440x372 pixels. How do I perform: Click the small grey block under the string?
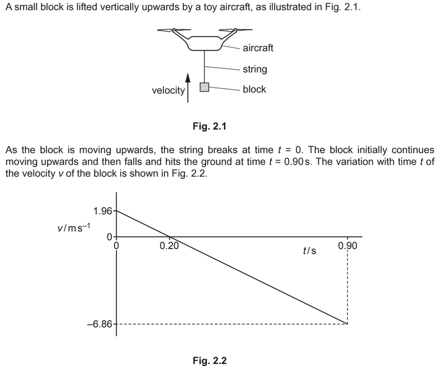[204, 87]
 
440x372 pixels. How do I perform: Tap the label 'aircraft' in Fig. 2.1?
[258, 48]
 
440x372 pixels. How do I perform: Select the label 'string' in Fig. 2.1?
[255, 69]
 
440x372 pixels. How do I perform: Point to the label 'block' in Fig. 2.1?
[254, 89]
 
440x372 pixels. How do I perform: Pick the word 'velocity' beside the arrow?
[168, 90]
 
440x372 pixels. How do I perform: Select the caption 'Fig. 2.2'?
[210, 360]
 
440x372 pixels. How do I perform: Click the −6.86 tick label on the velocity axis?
[100, 325]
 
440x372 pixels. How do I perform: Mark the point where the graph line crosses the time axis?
[170, 236]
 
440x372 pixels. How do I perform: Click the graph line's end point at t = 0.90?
[347, 324]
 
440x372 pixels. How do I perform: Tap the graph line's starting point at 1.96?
[116, 210]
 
